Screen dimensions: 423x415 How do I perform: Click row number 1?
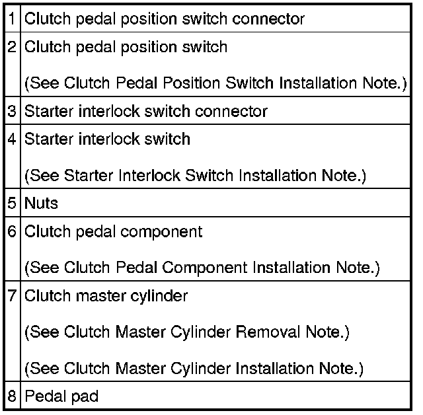[13, 19]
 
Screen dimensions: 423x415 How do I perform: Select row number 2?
[13, 48]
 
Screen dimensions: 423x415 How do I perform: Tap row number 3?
[13, 111]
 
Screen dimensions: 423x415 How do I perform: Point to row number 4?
[13, 139]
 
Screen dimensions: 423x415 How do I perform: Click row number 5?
[13, 203]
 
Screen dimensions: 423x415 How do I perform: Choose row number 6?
[13, 231]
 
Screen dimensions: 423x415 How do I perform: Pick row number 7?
[13, 295]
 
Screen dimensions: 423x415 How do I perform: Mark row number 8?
[13, 397]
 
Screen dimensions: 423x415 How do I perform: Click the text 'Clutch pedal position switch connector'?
[165, 19]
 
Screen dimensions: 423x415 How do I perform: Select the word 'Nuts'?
[41, 203]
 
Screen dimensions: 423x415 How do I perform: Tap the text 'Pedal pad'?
[61, 397]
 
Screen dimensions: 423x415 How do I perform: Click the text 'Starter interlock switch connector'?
[146, 111]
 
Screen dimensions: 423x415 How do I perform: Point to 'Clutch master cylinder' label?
[106, 295]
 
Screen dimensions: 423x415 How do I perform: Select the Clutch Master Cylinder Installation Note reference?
[194, 367]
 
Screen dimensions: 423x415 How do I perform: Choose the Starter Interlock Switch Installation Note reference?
[195, 176]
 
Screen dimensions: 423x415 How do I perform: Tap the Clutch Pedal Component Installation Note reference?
[202, 268]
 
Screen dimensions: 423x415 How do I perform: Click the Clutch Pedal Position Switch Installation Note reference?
[215, 84]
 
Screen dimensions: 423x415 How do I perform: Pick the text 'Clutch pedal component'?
[113, 231]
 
